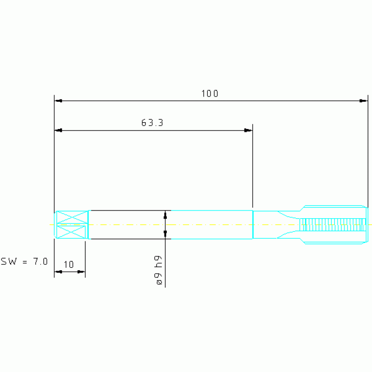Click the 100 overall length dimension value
[x=210, y=94]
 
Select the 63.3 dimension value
[x=152, y=123]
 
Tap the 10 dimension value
[x=69, y=264]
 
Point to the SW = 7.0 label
[x=24, y=261]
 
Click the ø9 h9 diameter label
[x=158, y=270]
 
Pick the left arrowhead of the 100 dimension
[x=58, y=101]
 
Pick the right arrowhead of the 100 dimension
[x=364, y=101]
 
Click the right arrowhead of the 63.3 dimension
[x=248, y=130]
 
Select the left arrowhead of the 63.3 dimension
[x=58, y=130]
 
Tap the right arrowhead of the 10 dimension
[x=81, y=272]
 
